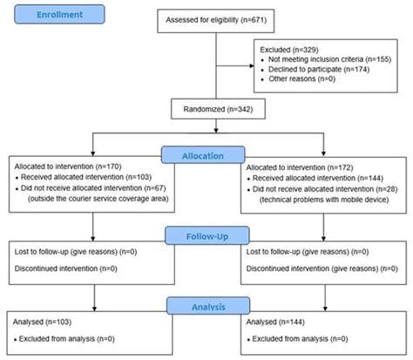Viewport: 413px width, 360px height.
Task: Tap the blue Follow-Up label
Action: point(206,234)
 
